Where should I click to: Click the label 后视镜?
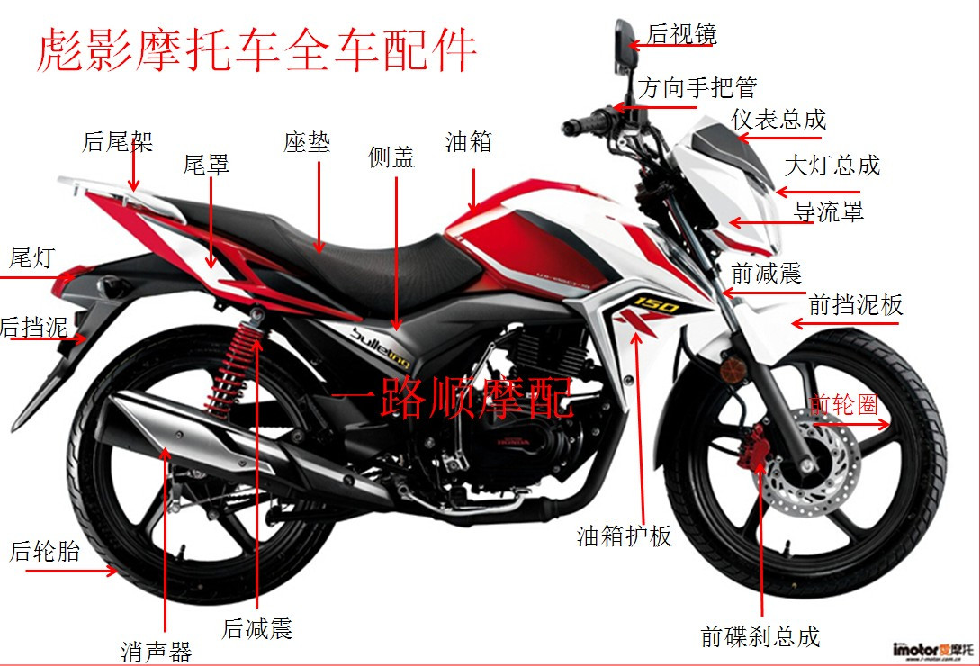pos(682,34)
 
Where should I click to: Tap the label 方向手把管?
pos(698,87)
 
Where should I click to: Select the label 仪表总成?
pos(778,119)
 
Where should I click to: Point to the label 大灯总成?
pos(832,165)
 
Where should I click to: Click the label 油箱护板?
pos(625,536)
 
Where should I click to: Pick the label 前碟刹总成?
pos(760,636)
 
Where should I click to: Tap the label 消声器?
pos(157,652)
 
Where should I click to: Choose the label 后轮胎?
pos(45,551)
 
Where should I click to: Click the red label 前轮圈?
pos(843,405)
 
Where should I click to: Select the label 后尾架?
pos(118,141)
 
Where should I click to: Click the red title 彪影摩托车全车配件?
pos(256,50)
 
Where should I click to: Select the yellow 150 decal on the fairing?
pos(656,304)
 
